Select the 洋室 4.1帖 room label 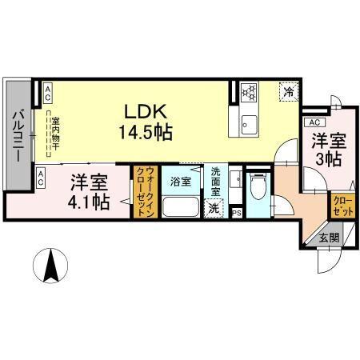tap(88, 192)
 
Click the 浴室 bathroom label tap(179, 182)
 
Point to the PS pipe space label tap(235, 213)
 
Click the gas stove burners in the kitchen tap(248, 91)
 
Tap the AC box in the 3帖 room tap(314, 122)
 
